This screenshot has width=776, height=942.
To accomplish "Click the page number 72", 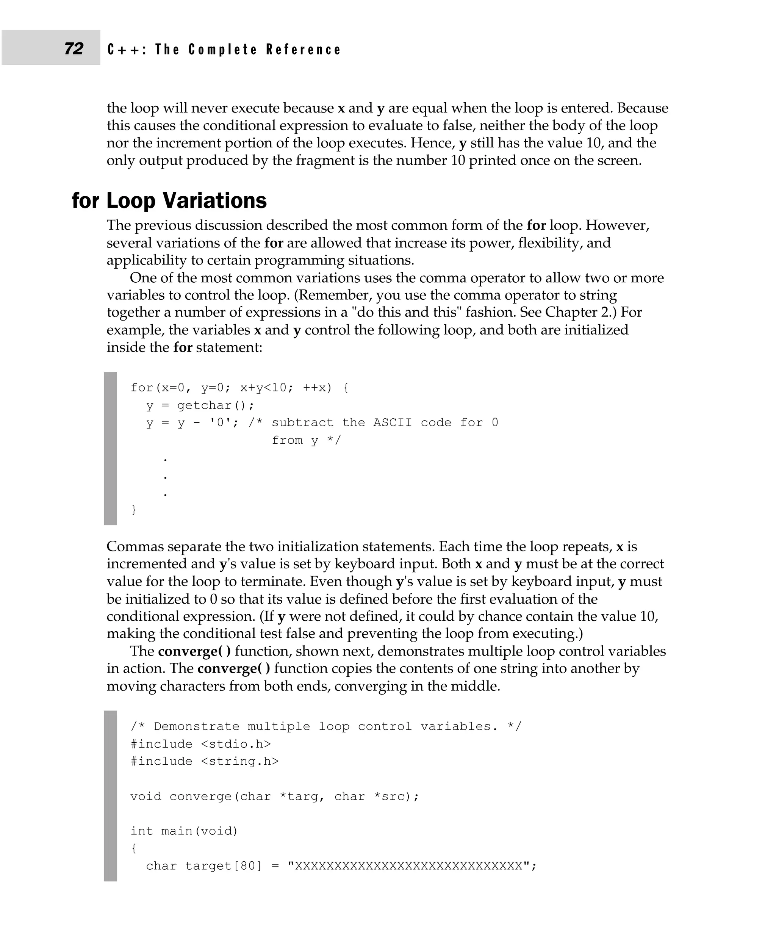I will (74, 48).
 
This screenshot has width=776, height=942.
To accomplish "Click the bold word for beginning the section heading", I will (85, 200).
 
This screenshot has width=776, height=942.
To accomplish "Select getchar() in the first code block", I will (216, 405).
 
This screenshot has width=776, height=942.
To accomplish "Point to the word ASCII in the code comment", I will (393, 422).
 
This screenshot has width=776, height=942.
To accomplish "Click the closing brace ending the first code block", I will (134, 510).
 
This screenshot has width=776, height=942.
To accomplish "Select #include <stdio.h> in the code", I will (201, 743).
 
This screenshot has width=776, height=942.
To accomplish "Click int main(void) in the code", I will (184, 831).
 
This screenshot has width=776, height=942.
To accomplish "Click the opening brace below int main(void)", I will (134, 848).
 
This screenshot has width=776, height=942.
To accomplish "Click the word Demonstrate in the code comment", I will (197, 726).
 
